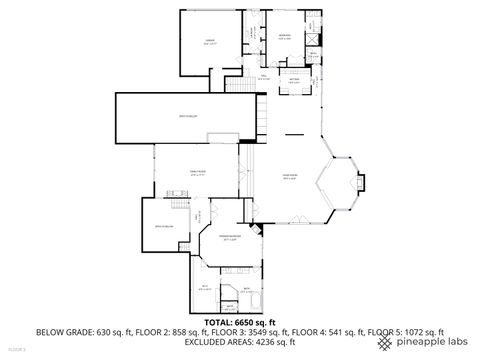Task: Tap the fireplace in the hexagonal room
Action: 357,184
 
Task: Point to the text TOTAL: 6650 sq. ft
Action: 240,322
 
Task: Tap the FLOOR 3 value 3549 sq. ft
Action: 263,332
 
